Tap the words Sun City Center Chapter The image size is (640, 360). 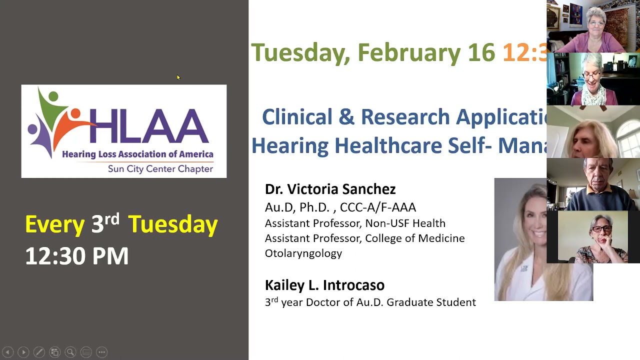click(x=160, y=169)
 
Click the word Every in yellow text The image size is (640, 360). click(x=54, y=224)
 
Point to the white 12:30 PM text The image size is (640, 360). click(x=76, y=256)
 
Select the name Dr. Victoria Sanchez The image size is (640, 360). click(x=330, y=189)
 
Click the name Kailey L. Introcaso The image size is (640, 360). click(x=324, y=285)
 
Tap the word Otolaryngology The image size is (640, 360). click(x=303, y=253)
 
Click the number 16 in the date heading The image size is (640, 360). click(x=481, y=52)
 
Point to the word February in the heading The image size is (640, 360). click(x=408, y=52)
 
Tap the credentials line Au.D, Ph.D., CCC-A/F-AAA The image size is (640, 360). click(x=340, y=207)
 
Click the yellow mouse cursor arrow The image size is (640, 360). click(x=178, y=77)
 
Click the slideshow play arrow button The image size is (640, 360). click(x=23, y=352)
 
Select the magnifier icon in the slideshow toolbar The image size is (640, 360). click(x=70, y=352)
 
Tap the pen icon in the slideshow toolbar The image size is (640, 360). click(x=39, y=352)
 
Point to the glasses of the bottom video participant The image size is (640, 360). click(x=601, y=229)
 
